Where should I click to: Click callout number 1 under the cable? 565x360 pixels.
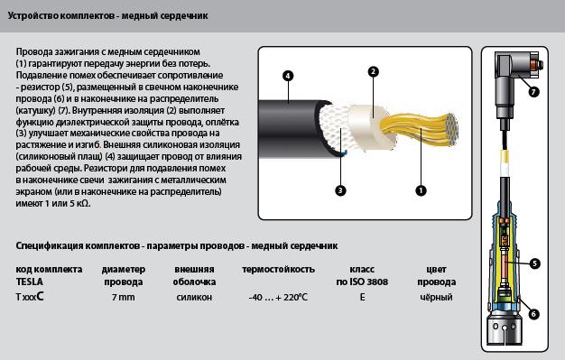tap(421, 190)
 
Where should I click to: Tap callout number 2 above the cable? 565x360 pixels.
tap(374, 71)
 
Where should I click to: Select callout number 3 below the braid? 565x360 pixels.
tap(340, 190)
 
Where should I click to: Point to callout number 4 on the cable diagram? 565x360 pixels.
tap(288, 76)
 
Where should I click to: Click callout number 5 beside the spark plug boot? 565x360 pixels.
tap(534, 263)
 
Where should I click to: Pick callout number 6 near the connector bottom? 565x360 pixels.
tap(533, 314)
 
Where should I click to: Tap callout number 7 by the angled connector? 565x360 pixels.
tap(533, 92)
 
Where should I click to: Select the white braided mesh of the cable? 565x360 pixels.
tap(333, 129)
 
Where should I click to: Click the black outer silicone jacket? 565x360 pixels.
tap(288, 129)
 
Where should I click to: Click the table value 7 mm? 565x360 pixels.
tap(124, 298)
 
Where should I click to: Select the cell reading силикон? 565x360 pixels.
tap(194, 298)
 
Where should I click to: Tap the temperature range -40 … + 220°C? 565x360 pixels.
tap(278, 298)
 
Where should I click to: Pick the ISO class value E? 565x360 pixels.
tap(362, 298)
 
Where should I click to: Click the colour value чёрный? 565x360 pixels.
tap(436, 298)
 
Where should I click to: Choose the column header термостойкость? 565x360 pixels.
tap(278, 270)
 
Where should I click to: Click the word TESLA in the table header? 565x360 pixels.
tap(29, 282)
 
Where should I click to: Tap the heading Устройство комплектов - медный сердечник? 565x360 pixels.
tap(107, 16)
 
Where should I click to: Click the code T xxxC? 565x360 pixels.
tap(30, 297)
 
